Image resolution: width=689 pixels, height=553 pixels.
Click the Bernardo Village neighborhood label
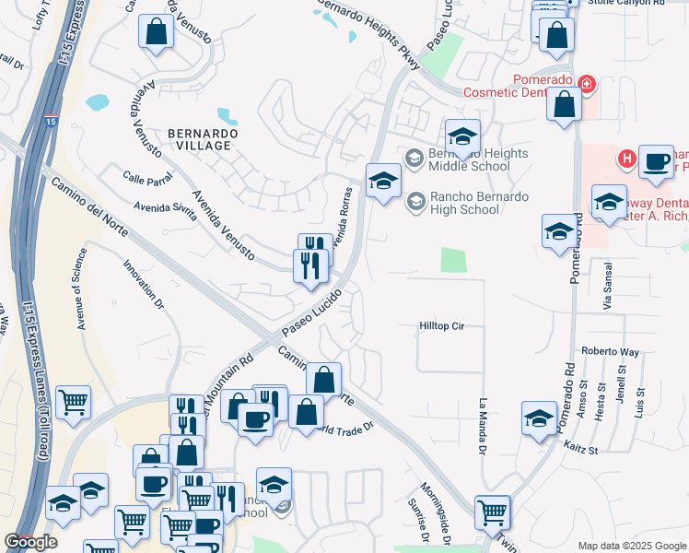click(x=203, y=139)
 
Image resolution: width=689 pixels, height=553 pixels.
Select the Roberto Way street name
click(x=610, y=351)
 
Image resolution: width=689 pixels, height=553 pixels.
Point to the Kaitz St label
click(x=581, y=451)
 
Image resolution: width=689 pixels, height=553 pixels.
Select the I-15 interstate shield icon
click(x=50, y=121)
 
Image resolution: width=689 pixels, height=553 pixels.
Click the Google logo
click(x=30, y=542)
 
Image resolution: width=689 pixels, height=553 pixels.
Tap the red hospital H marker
click(x=626, y=159)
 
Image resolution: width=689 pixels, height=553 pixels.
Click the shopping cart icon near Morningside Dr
click(x=493, y=512)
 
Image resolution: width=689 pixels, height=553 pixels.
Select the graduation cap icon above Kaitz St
click(x=539, y=418)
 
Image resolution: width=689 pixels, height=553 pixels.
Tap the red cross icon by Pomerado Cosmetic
click(x=586, y=85)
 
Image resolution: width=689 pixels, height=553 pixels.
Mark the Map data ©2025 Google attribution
click(x=632, y=546)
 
